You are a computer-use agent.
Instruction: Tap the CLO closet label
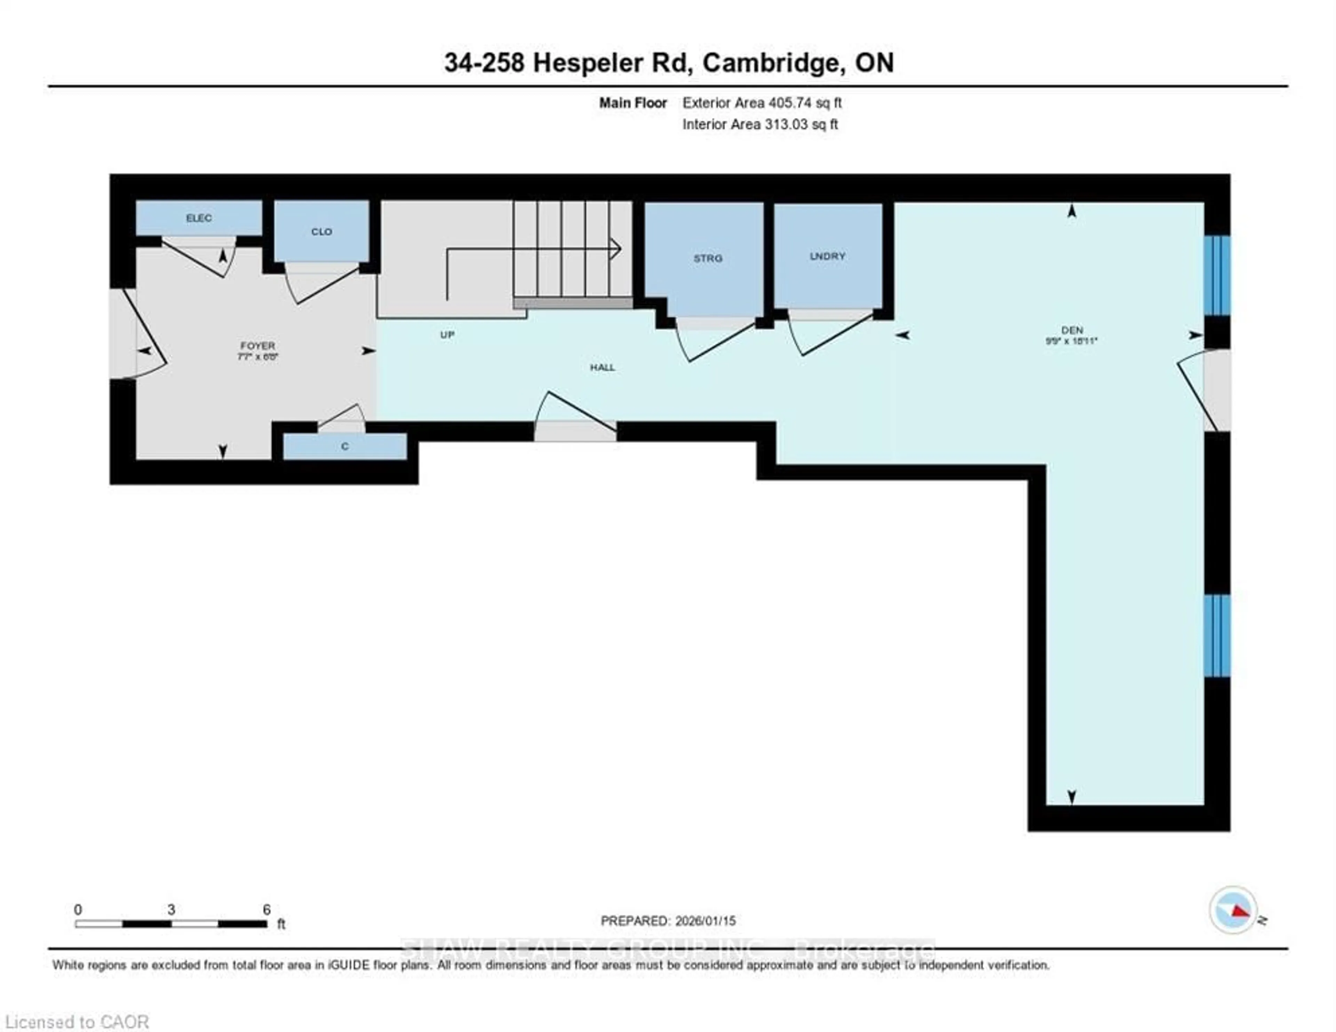click(321, 232)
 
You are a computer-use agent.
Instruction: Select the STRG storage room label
click(707, 258)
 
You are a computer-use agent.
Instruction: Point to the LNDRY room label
click(827, 256)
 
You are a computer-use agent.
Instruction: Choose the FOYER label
click(257, 346)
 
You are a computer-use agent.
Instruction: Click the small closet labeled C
click(345, 447)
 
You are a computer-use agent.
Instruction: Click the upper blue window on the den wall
click(1217, 275)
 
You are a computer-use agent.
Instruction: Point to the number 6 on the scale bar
click(267, 910)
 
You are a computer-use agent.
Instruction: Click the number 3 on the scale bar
click(171, 910)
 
